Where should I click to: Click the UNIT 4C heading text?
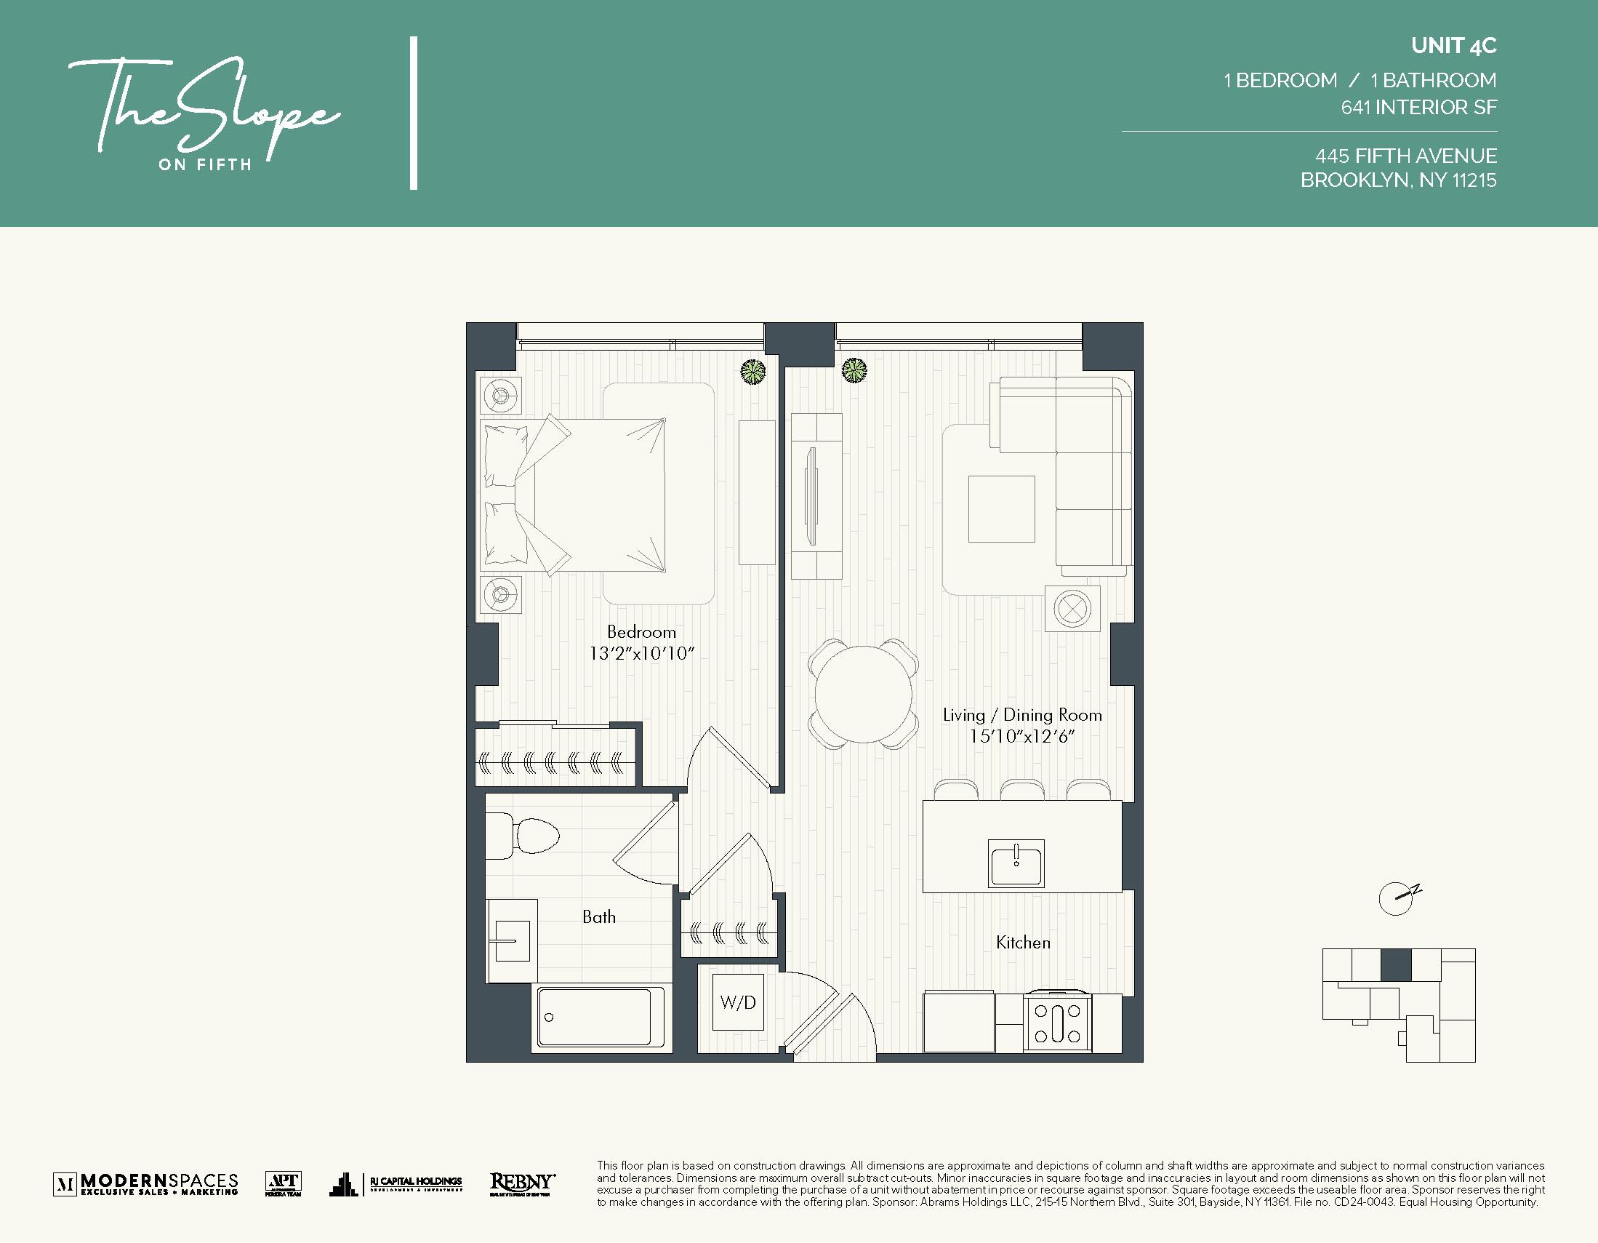click(x=1453, y=46)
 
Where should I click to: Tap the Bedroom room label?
click(x=641, y=632)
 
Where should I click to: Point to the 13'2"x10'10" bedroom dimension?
click(x=641, y=653)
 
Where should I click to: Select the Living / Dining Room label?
click(x=1021, y=715)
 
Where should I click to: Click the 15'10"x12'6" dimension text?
click(x=1021, y=737)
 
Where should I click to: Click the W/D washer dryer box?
click(x=737, y=1002)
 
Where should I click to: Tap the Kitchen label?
click(x=1023, y=943)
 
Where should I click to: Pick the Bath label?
click(x=598, y=917)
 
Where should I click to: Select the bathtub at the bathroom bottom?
click(x=594, y=1018)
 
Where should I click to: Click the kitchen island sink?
click(x=1016, y=863)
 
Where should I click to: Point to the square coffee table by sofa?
click(x=1001, y=509)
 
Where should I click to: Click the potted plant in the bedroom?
click(x=752, y=372)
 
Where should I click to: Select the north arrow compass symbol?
click(x=1397, y=898)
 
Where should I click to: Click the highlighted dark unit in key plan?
click(x=1395, y=965)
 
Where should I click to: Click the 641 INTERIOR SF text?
click(x=1418, y=108)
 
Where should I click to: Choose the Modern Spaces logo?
click(x=145, y=1183)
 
